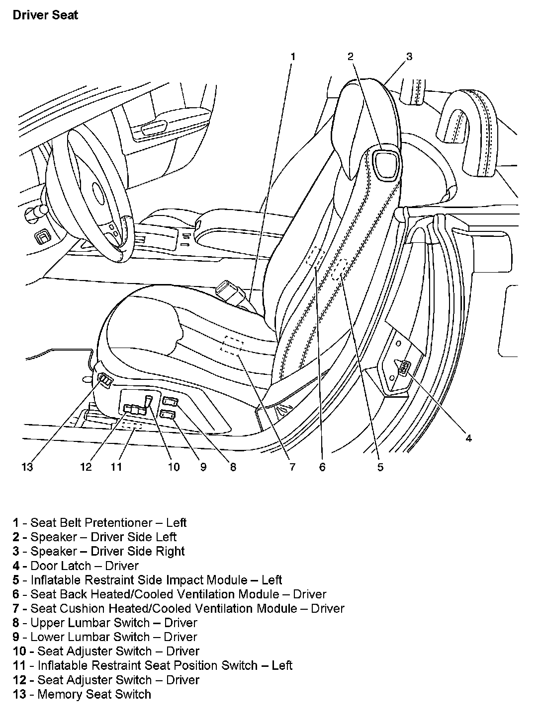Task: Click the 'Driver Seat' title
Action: pos(45,15)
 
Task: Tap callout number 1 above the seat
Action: pos(293,57)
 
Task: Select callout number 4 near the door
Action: pos(468,437)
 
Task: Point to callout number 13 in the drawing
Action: pos(27,467)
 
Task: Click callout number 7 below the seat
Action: pos(292,467)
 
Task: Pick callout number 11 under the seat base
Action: pos(116,467)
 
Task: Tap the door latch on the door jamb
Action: pos(405,368)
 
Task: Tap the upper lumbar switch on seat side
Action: pos(171,401)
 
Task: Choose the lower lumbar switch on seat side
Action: pos(168,414)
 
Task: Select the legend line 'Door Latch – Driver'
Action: pos(76,566)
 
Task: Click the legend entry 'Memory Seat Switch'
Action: pos(82,694)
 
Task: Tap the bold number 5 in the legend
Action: pos(16,580)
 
